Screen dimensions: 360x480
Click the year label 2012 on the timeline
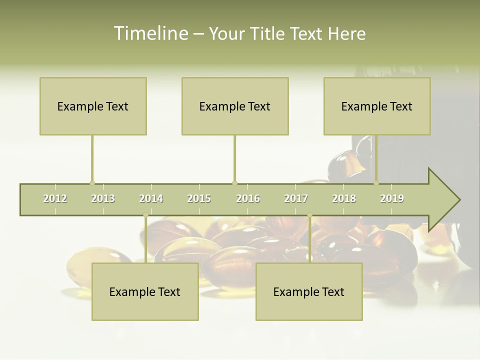[x=55, y=198]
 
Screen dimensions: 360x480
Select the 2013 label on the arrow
[x=103, y=198]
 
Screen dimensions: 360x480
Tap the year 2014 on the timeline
[x=151, y=198]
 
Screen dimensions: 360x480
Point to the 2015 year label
[x=199, y=198]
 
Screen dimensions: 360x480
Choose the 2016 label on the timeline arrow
[x=248, y=198]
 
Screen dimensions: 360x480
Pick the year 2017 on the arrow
[x=296, y=198]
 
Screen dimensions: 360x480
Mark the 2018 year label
[x=344, y=198]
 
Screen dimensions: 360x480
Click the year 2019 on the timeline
[x=392, y=198]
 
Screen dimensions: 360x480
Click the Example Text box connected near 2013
[x=93, y=106]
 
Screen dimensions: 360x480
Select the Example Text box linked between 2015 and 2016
[x=235, y=106]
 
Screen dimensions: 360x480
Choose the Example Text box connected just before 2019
[x=377, y=106]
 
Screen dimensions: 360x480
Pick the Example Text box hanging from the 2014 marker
[x=145, y=291]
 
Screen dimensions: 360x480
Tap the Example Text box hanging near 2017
[x=309, y=291]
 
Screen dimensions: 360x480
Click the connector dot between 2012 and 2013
[x=92, y=183]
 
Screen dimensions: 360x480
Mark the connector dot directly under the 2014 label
[x=145, y=215]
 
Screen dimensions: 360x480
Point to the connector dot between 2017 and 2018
[x=309, y=215]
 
